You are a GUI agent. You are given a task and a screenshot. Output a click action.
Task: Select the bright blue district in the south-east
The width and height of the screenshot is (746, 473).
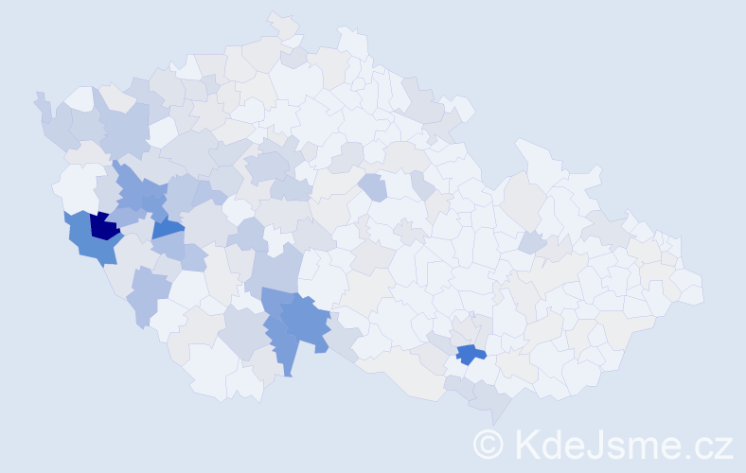tap(469, 354)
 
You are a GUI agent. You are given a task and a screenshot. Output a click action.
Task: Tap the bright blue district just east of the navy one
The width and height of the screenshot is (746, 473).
tap(168, 227)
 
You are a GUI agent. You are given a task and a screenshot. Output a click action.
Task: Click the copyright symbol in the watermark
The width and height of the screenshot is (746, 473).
tap(489, 444)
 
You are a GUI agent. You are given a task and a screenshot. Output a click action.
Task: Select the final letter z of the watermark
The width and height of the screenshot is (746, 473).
tap(721, 447)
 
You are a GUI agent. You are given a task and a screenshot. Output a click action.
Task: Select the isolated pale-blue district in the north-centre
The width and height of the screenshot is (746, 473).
tap(372, 186)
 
